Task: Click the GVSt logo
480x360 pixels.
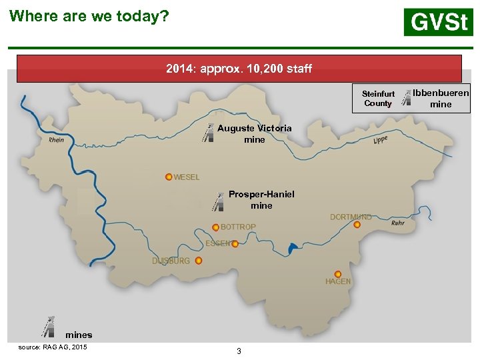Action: point(438,22)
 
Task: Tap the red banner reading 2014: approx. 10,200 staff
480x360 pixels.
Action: point(239,69)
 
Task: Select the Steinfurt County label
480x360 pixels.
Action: point(378,99)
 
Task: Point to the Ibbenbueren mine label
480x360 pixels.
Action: point(441,98)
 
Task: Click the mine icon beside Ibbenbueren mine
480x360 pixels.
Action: point(408,98)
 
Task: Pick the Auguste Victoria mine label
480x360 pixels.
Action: point(255,133)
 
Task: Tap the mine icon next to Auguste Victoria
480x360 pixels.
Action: point(208,133)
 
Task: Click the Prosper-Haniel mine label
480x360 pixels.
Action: point(261,200)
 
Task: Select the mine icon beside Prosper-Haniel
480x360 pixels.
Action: point(218,201)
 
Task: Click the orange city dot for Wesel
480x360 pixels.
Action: point(169,177)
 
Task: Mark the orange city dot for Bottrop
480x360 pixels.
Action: point(215,227)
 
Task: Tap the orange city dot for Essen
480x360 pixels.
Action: point(235,244)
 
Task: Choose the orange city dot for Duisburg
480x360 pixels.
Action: point(199,261)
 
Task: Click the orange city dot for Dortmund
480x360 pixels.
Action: point(357,225)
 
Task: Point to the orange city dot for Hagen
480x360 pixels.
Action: point(338,274)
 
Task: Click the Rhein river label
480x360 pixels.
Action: point(57,140)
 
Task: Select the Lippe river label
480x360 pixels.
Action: point(381,139)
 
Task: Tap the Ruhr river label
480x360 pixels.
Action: point(397,223)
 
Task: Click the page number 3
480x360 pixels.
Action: point(239,351)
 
